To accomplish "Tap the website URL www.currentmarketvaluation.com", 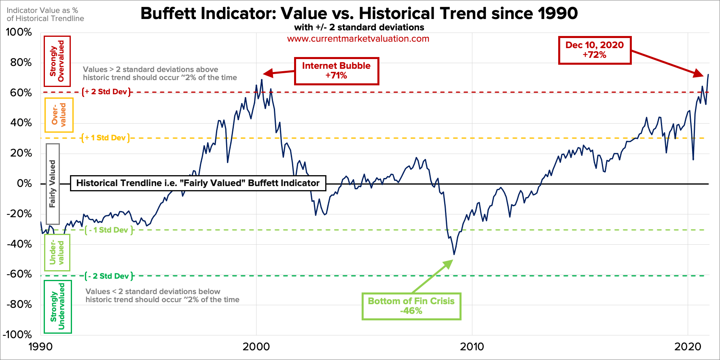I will click(x=358, y=39).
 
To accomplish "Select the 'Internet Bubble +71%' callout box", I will click(x=336, y=71).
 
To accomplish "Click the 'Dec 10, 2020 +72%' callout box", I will click(x=594, y=50).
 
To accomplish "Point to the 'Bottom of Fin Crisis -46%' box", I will click(x=411, y=306).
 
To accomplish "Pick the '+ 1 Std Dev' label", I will click(x=105, y=138).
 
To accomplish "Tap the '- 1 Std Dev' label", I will click(x=108, y=230).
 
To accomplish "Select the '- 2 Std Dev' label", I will click(x=109, y=276).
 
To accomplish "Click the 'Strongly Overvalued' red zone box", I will click(x=57, y=61).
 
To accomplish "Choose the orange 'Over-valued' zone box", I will click(x=59, y=115).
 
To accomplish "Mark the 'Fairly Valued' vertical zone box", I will click(x=53, y=184).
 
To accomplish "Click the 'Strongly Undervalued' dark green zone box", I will click(x=57, y=307).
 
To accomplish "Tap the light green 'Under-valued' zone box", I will click(x=57, y=253).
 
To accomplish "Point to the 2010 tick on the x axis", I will click(x=472, y=347).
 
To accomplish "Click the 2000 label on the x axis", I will click(x=256, y=347).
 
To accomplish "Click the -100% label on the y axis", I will click(x=17, y=335).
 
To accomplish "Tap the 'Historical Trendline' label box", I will click(x=198, y=183).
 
